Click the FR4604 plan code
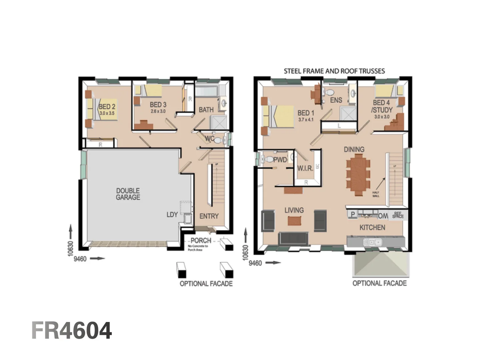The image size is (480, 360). pos(72,331)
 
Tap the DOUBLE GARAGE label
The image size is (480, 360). pos(128,194)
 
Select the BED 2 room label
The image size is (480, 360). pos(107,107)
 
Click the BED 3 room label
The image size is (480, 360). pos(158,105)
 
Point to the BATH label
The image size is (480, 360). pos(206,110)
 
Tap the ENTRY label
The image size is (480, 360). pos(209,216)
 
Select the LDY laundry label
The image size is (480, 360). pos(172,215)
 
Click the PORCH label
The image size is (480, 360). pos(201,240)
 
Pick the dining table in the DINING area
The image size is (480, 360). pos(358,176)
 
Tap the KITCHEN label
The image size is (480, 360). pos(372,228)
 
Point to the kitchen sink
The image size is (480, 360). pos(373,242)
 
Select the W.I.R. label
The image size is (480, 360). pos(305,168)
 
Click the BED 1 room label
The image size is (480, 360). pos(306,113)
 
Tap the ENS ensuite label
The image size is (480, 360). pos(336,100)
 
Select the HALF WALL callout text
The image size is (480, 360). pos(376,194)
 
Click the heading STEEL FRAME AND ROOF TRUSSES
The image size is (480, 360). pos(334,71)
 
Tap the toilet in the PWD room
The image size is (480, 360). pos(268,159)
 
